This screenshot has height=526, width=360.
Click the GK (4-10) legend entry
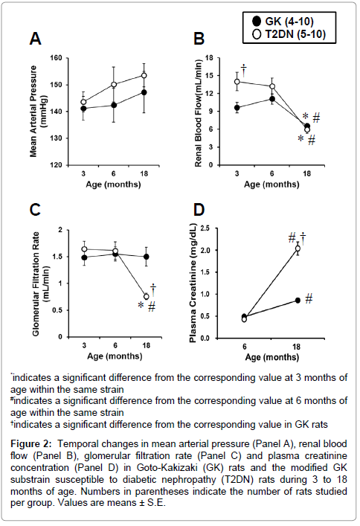(x=283, y=22)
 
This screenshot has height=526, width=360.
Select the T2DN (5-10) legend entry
(x=289, y=34)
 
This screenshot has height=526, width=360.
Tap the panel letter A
(x=35, y=39)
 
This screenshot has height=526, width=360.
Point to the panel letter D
(x=199, y=210)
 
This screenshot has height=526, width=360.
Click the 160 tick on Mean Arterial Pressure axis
(x=56, y=58)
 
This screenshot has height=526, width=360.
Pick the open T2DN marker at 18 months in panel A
(x=144, y=75)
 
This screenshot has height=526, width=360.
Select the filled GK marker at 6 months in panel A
(x=114, y=105)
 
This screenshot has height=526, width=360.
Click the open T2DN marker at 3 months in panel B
(x=237, y=82)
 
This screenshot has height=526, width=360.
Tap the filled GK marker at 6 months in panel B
(x=272, y=99)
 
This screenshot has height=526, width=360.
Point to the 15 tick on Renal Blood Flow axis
(x=209, y=75)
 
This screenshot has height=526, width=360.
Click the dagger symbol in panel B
(x=244, y=71)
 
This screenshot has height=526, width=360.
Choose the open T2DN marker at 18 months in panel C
(x=147, y=297)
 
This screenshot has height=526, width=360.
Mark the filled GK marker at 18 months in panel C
(x=147, y=257)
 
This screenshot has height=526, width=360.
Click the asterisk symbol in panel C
(x=141, y=305)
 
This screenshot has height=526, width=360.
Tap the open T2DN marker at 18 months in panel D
(x=298, y=248)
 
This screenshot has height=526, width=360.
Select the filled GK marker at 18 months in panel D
(x=298, y=301)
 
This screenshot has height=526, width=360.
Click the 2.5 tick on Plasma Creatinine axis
(x=205, y=228)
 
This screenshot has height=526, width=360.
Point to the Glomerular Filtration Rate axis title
(x=40, y=283)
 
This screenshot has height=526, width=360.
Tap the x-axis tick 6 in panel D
(x=245, y=347)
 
